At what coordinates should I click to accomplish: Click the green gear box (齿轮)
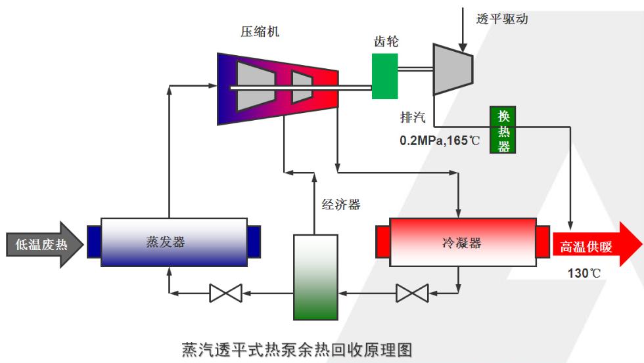tap(384, 76)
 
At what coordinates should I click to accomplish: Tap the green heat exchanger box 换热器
tap(503, 129)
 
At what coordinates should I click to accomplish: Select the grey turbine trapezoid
tap(452, 70)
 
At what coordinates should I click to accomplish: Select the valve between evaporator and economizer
tap(225, 292)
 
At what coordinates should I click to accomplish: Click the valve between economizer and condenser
tap(412, 293)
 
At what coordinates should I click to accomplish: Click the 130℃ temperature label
tap(584, 274)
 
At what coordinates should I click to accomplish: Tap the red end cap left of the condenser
tap(382, 242)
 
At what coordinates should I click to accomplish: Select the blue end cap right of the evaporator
tap(254, 241)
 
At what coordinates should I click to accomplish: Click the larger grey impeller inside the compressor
tap(254, 88)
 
